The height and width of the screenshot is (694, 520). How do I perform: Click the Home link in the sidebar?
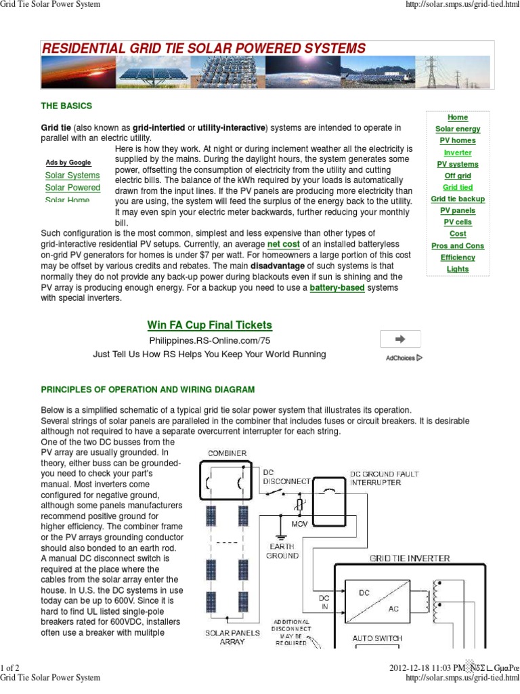[458, 117]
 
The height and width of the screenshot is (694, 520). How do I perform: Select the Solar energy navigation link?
[458, 129]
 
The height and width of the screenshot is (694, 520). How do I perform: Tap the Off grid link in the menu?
[458, 176]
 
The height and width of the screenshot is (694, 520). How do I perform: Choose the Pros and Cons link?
[458, 246]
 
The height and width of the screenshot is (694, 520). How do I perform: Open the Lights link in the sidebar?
[458, 269]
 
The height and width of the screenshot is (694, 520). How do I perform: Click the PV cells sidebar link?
[458, 222]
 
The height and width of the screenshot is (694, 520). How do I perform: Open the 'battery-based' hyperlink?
[337, 288]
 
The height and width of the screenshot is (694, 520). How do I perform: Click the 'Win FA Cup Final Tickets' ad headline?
[209, 325]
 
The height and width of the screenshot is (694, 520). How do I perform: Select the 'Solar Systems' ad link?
[72, 176]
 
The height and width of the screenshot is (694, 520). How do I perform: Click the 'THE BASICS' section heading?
[66, 106]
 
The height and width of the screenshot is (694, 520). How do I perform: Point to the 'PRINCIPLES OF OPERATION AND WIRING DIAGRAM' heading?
[148, 390]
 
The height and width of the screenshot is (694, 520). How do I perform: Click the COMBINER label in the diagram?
[227, 453]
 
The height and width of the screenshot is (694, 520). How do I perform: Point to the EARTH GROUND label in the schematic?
[282, 551]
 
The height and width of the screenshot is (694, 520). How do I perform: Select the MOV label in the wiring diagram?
[299, 524]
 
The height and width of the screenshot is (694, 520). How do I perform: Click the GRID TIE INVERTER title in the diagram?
[409, 558]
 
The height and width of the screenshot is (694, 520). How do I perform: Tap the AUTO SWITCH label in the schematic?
[377, 638]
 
